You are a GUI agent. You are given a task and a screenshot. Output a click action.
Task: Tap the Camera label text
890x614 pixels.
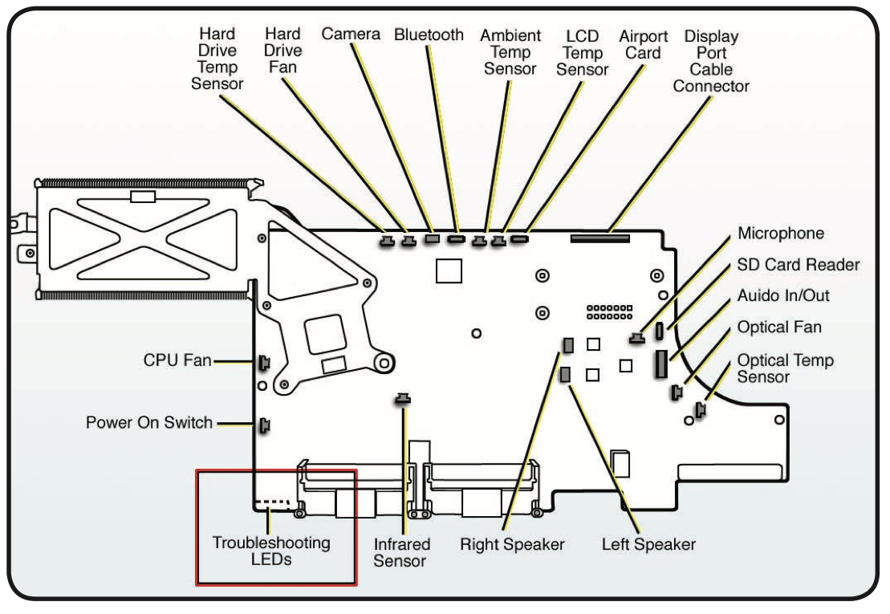(352, 34)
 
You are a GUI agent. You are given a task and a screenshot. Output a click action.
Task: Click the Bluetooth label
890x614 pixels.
(429, 35)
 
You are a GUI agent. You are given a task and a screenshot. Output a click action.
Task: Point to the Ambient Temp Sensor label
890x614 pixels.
(510, 52)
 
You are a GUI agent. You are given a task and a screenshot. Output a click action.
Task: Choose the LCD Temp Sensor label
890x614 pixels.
(583, 52)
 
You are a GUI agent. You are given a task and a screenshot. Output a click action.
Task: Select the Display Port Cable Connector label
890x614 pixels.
(711, 61)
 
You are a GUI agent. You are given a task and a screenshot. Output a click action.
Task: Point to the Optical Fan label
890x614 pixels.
(779, 327)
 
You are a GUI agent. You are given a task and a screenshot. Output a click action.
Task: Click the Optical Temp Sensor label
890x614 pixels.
(785, 368)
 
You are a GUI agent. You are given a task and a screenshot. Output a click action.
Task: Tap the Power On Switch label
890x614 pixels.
(149, 422)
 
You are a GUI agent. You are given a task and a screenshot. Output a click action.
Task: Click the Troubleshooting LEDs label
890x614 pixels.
(270, 551)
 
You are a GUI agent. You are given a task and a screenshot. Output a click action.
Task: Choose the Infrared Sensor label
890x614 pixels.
(400, 552)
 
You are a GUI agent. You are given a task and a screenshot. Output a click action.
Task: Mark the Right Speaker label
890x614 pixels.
(512, 544)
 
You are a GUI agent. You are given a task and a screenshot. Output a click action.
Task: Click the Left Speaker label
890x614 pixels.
(648, 544)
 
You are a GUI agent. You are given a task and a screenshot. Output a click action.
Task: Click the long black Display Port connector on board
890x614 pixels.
(600, 238)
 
